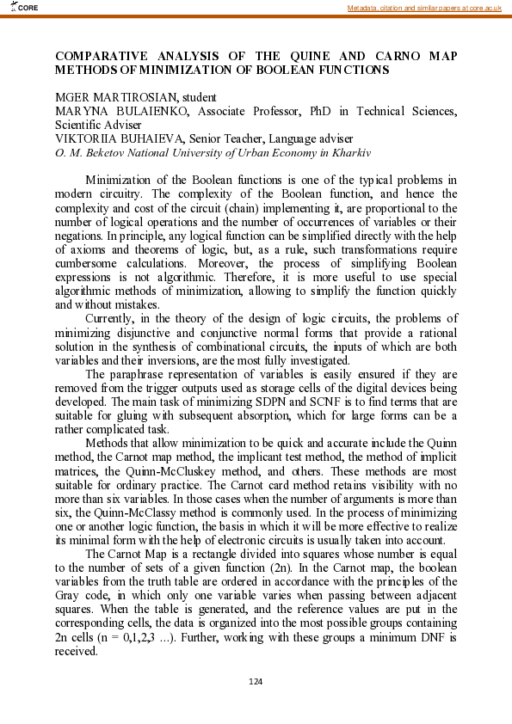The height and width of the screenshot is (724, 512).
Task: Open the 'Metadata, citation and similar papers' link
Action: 423,8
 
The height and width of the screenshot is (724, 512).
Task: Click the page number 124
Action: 256,682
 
